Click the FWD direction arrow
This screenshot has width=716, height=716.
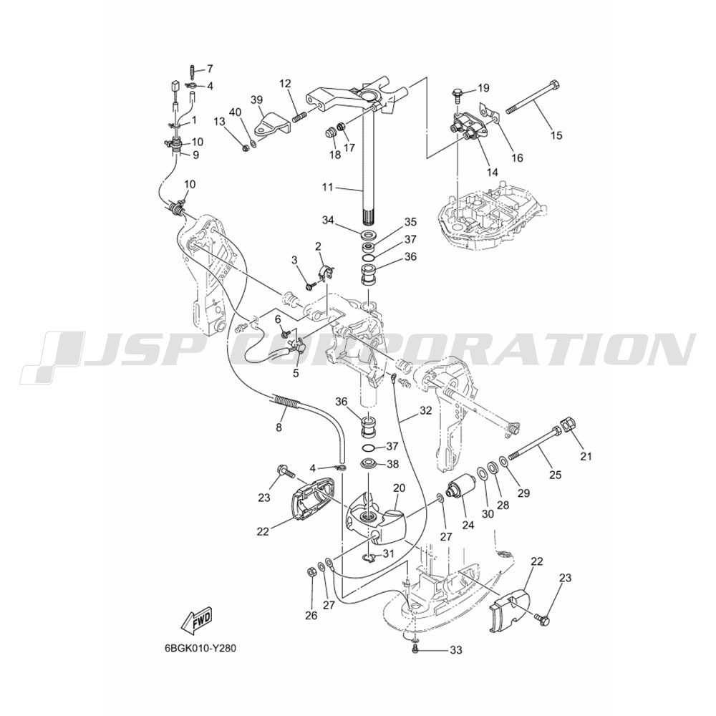[196, 622]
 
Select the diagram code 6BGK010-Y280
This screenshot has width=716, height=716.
[200, 649]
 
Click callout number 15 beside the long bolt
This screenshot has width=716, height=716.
[556, 135]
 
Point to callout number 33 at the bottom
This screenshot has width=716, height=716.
[456, 650]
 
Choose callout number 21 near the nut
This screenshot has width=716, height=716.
[586, 455]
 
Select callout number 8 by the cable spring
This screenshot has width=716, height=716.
[279, 427]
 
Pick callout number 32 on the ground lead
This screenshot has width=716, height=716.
[425, 410]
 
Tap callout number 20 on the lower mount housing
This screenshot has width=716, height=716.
[399, 488]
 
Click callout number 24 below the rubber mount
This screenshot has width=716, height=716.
[468, 525]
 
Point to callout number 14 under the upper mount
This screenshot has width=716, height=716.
[493, 172]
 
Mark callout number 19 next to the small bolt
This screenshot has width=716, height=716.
[483, 87]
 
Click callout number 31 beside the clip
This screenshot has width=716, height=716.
[388, 554]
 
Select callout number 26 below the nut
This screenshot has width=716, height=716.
[311, 616]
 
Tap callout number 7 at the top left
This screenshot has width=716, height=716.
[210, 69]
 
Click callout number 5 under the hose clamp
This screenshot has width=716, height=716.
[296, 373]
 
